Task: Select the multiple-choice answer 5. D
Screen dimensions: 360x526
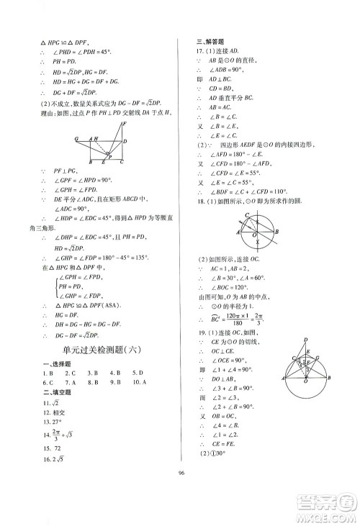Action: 138,373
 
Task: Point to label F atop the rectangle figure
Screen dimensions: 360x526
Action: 124,123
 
